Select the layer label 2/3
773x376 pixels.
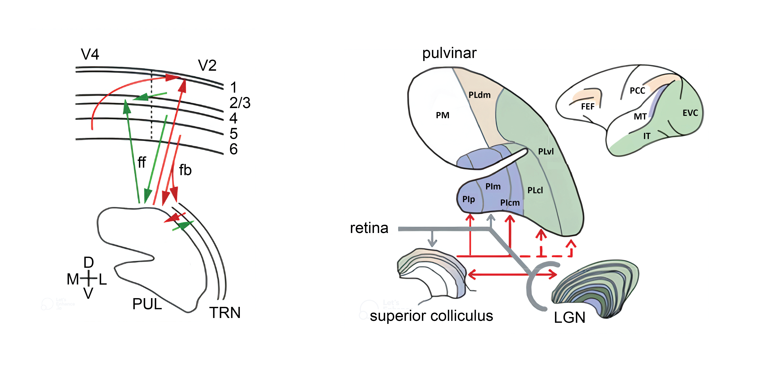tap(240, 103)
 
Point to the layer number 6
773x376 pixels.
tap(234, 149)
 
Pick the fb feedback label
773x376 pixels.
tap(185, 170)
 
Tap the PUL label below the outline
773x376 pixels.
tap(147, 304)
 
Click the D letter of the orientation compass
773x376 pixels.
tap(89, 263)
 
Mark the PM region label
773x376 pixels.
tap(442, 115)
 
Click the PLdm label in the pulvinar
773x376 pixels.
tap(479, 95)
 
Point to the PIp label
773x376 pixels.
tap(468, 199)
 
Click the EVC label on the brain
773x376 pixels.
tap(690, 113)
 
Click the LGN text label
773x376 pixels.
tap(569, 318)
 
